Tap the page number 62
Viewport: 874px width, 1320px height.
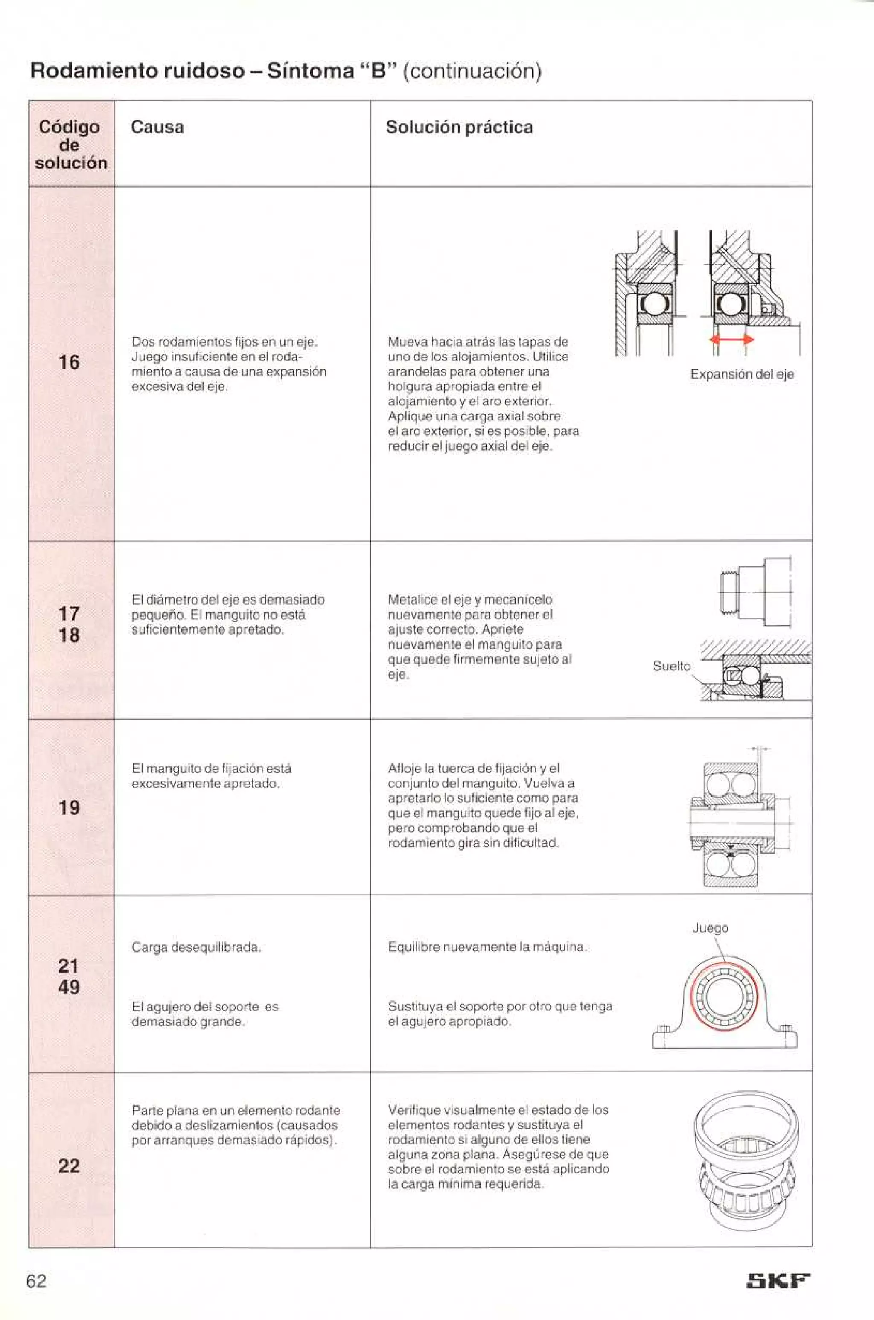(x=37, y=1281)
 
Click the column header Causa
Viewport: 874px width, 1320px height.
(x=157, y=127)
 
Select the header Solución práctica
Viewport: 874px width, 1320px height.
(x=459, y=127)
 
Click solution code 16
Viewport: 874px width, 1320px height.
(x=69, y=362)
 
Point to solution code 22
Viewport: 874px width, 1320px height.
(x=69, y=1166)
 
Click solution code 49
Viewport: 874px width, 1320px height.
(x=69, y=987)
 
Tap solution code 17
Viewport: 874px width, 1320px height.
(x=69, y=614)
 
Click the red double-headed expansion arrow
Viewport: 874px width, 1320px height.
(x=731, y=339)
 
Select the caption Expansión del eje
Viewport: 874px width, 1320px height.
(x=742, y=375)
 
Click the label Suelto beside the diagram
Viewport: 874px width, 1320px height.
(x=672, y=666)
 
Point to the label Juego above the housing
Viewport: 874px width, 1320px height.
(x=710, y=928)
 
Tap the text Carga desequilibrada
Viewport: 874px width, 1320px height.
(x=196, y=947)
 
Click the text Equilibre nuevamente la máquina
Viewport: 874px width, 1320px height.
(x=487, y=947)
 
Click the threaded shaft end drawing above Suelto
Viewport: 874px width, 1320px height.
(x=755, y=592)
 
